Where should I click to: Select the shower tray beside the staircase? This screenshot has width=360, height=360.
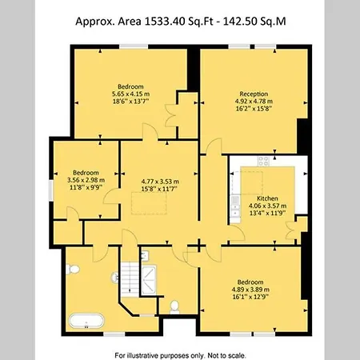point(149,278)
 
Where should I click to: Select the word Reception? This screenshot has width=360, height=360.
point(253,94)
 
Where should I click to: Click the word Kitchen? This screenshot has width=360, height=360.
point(267,198)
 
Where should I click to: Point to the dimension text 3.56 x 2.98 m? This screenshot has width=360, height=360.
point(86,180)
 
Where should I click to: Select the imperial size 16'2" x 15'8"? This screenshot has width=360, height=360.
point(253,110)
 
